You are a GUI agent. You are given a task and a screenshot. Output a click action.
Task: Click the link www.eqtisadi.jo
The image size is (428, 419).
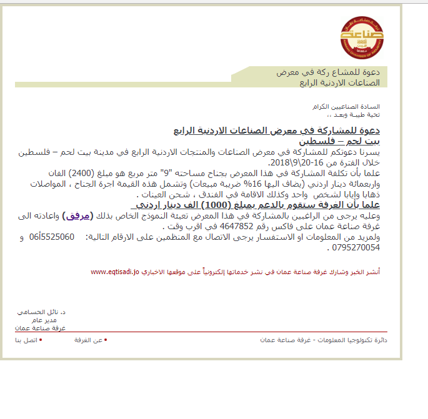(114, 272)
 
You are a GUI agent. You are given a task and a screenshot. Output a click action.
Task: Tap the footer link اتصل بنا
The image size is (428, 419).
(27, 340)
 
